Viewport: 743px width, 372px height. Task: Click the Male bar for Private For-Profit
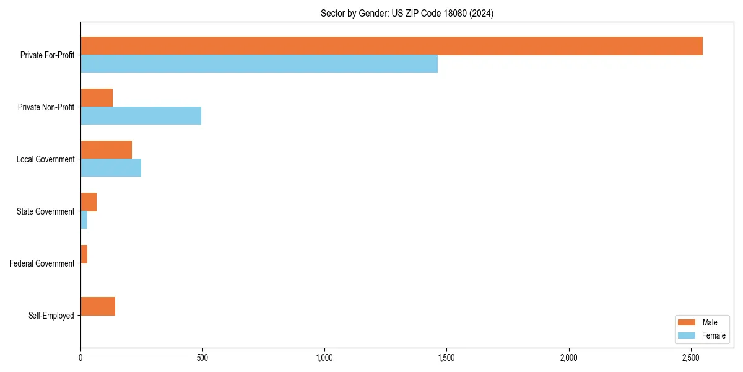coord(391,46)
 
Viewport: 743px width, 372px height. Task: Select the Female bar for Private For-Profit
coord(259,64)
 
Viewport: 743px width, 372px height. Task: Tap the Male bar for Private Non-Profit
coord(97,98)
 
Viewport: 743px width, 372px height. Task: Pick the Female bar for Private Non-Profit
coord(141,116)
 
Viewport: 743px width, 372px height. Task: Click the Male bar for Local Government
coord(106,150)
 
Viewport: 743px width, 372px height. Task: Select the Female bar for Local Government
coord(111,168)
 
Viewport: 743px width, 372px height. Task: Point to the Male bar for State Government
coord(89,202)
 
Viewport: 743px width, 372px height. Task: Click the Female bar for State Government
coord(84,220)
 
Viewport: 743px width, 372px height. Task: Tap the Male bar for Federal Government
coord(84,254)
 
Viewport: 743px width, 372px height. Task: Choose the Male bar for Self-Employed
coord(98,306)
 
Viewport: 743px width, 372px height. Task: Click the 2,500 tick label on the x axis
coord(691,358)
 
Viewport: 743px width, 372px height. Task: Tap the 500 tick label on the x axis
coord(202,358)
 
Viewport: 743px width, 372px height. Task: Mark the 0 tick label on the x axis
coord(80,358)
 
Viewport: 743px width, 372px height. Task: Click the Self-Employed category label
coord(51,316)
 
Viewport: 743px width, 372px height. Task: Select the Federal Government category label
coord(42,263)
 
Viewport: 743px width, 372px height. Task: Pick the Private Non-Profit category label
coord(46,107)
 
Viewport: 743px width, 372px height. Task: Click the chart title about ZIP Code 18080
coord(407,13)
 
